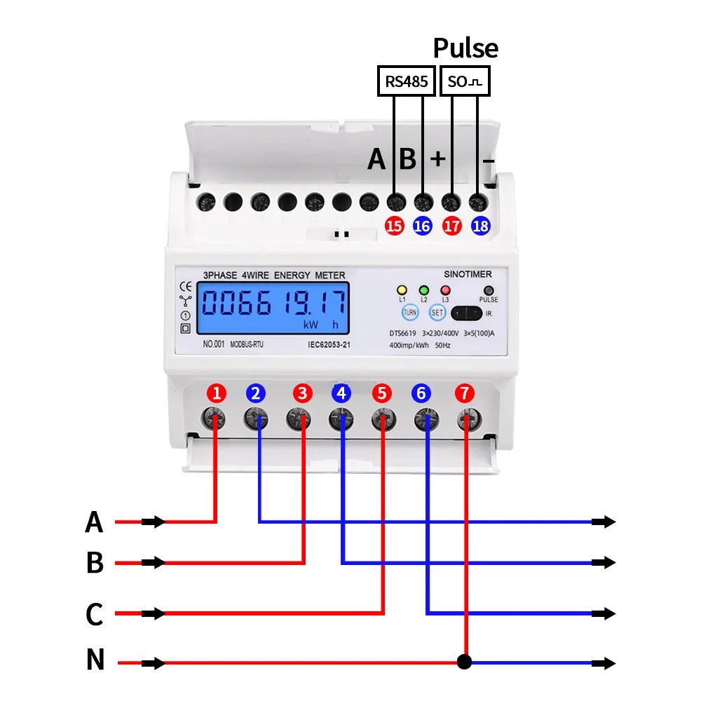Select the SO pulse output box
tap(465, 81)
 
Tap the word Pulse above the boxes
tap(465, 48)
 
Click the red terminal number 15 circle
tap(395, 226)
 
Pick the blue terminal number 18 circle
tap(481, 226)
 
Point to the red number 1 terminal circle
tap(217, 393)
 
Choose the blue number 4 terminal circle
tap(341, 393)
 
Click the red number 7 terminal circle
tap(464, 393)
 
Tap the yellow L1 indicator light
tap(402, 290)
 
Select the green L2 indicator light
tap(423, 290)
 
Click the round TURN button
tap(409, 313)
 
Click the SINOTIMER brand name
tap(468, 274)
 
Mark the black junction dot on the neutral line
tap(463, 662)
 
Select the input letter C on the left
tap(95, 614)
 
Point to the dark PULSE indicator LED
tap(489, 290)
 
